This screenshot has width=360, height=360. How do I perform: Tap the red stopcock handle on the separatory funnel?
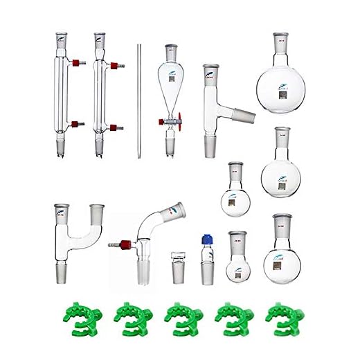point(181,118)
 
